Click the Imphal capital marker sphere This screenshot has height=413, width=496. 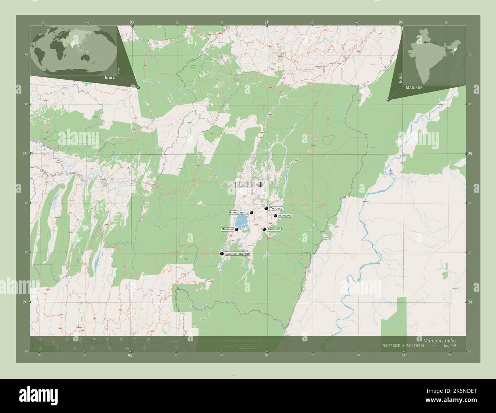[260, 184]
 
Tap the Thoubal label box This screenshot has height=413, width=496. [275, 209]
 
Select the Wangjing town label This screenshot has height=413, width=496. [285, 216]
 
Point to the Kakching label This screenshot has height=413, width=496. [274, 229]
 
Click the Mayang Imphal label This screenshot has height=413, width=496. [238, 213]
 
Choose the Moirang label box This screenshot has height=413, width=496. [227, 229]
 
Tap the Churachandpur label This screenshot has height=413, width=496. [237, 253]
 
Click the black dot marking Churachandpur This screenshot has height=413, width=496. [222, 253]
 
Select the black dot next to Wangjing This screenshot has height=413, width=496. [275, 216]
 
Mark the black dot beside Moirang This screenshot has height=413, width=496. [237, 229]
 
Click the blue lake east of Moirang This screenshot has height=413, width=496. [241, 221]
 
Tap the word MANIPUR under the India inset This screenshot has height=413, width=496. [414, 88]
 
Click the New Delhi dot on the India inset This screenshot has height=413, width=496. [424, 42]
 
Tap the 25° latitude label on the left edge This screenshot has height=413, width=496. [25, 154]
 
